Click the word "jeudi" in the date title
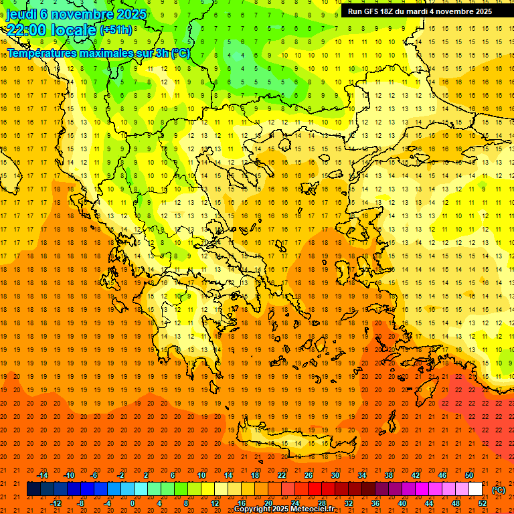[20, 15]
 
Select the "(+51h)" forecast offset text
[116, 30]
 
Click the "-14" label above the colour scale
[42, 475]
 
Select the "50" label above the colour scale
[468, 475]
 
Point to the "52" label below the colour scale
[483, 503]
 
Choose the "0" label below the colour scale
[133, 503]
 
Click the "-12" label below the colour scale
[56, 503]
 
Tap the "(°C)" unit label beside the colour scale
[499, 490]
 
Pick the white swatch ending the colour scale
[475, 489]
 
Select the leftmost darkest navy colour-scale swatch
[33, 489]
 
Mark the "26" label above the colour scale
[308, 475]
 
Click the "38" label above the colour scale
[388, 475]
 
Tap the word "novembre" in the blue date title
[78, 15]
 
